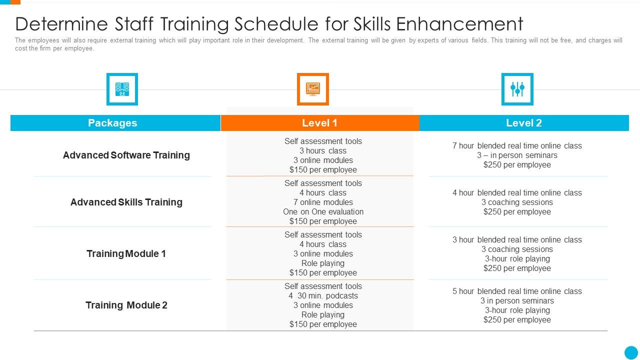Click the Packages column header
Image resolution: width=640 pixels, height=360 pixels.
[x=112, y=123]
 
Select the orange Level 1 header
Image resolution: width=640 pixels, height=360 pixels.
[x=320, y=123]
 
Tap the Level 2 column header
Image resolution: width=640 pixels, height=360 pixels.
[x=524, y=123]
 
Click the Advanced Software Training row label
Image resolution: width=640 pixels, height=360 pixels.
[x=126, y=155]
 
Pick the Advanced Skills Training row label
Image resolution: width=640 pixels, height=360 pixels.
[x=126, y=202]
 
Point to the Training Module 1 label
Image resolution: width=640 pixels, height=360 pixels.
[x=126, y=253]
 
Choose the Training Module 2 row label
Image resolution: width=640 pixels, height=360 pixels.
[x=126, y=305]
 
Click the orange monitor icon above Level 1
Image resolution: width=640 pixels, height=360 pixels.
[x=313, y=89]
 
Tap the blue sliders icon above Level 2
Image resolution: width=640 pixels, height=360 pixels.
[x=517, y=89]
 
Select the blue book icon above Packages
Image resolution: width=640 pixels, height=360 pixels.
[x=122, y=89]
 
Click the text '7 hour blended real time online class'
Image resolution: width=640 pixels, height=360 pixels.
[x=517, y=145]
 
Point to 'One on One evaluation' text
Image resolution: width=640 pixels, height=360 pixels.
[x=323, y=211]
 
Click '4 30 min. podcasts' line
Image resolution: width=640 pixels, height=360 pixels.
[x=323, y=295]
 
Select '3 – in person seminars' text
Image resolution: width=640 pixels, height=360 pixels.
[x=517, y=155]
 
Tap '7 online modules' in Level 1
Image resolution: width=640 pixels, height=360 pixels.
[x=323, y=202]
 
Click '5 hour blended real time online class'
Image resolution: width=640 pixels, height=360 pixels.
[x=517, y=291]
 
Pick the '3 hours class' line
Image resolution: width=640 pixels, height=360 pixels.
[x=323, y=150]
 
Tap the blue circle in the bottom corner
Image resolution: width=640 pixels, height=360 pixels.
[x=631, y=352]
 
